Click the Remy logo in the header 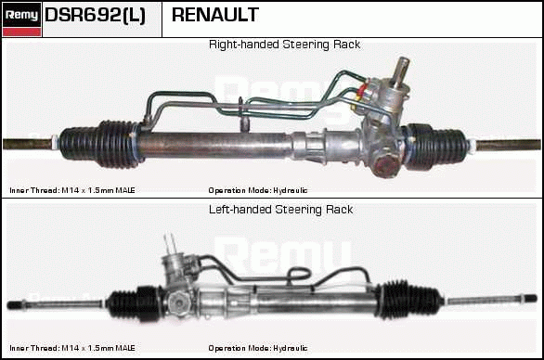pyautogui.click(x=22, y=19)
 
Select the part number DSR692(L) pyautogui.click(x=95, y=15)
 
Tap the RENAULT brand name pyautogui.click(x=215, y=15)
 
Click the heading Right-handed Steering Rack pyautogui.click(x=284, y=45)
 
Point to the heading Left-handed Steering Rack pyautogui.click(x=280, y=210)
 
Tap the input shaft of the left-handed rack pyautogui.click(x=170, y=244)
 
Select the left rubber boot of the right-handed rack pyautogui.click(x=99, y=144)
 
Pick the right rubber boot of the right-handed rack pyautogui.click(x=436, y=146)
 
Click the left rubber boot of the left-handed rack pyautogui.click(x=136, y=303)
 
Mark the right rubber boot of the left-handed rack pyautogui.click(x=408, y=301)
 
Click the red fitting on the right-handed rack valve pyautogui.click(x=362, y=89)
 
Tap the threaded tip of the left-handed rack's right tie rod pyautogui.click(x=530, y=298)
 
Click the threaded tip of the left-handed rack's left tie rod pyautogui.click(x=15, y=305)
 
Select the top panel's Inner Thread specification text pyautogui.click(x=72, y=190)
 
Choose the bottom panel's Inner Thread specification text pyautogui.click(x=72, y=348)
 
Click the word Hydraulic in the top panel pyautogui.click(x=290, y=190)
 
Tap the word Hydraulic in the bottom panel pyautogui.click(x=290, y=348)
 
